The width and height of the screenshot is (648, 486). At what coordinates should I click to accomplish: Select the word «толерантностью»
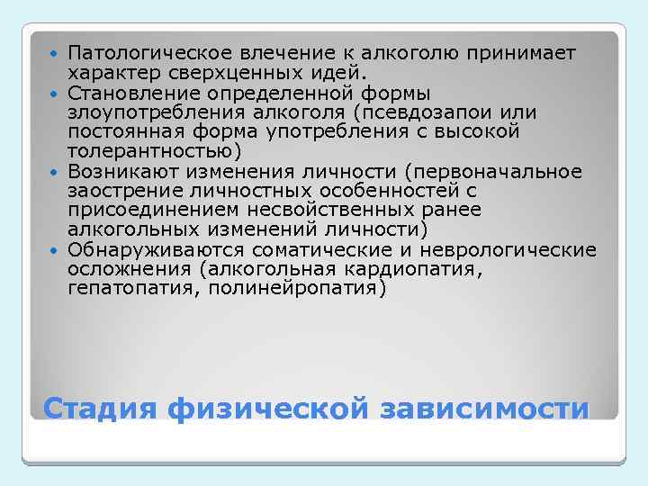click(x=149, y=151)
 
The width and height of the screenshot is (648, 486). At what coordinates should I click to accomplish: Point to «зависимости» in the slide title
click(x=485, y=409)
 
